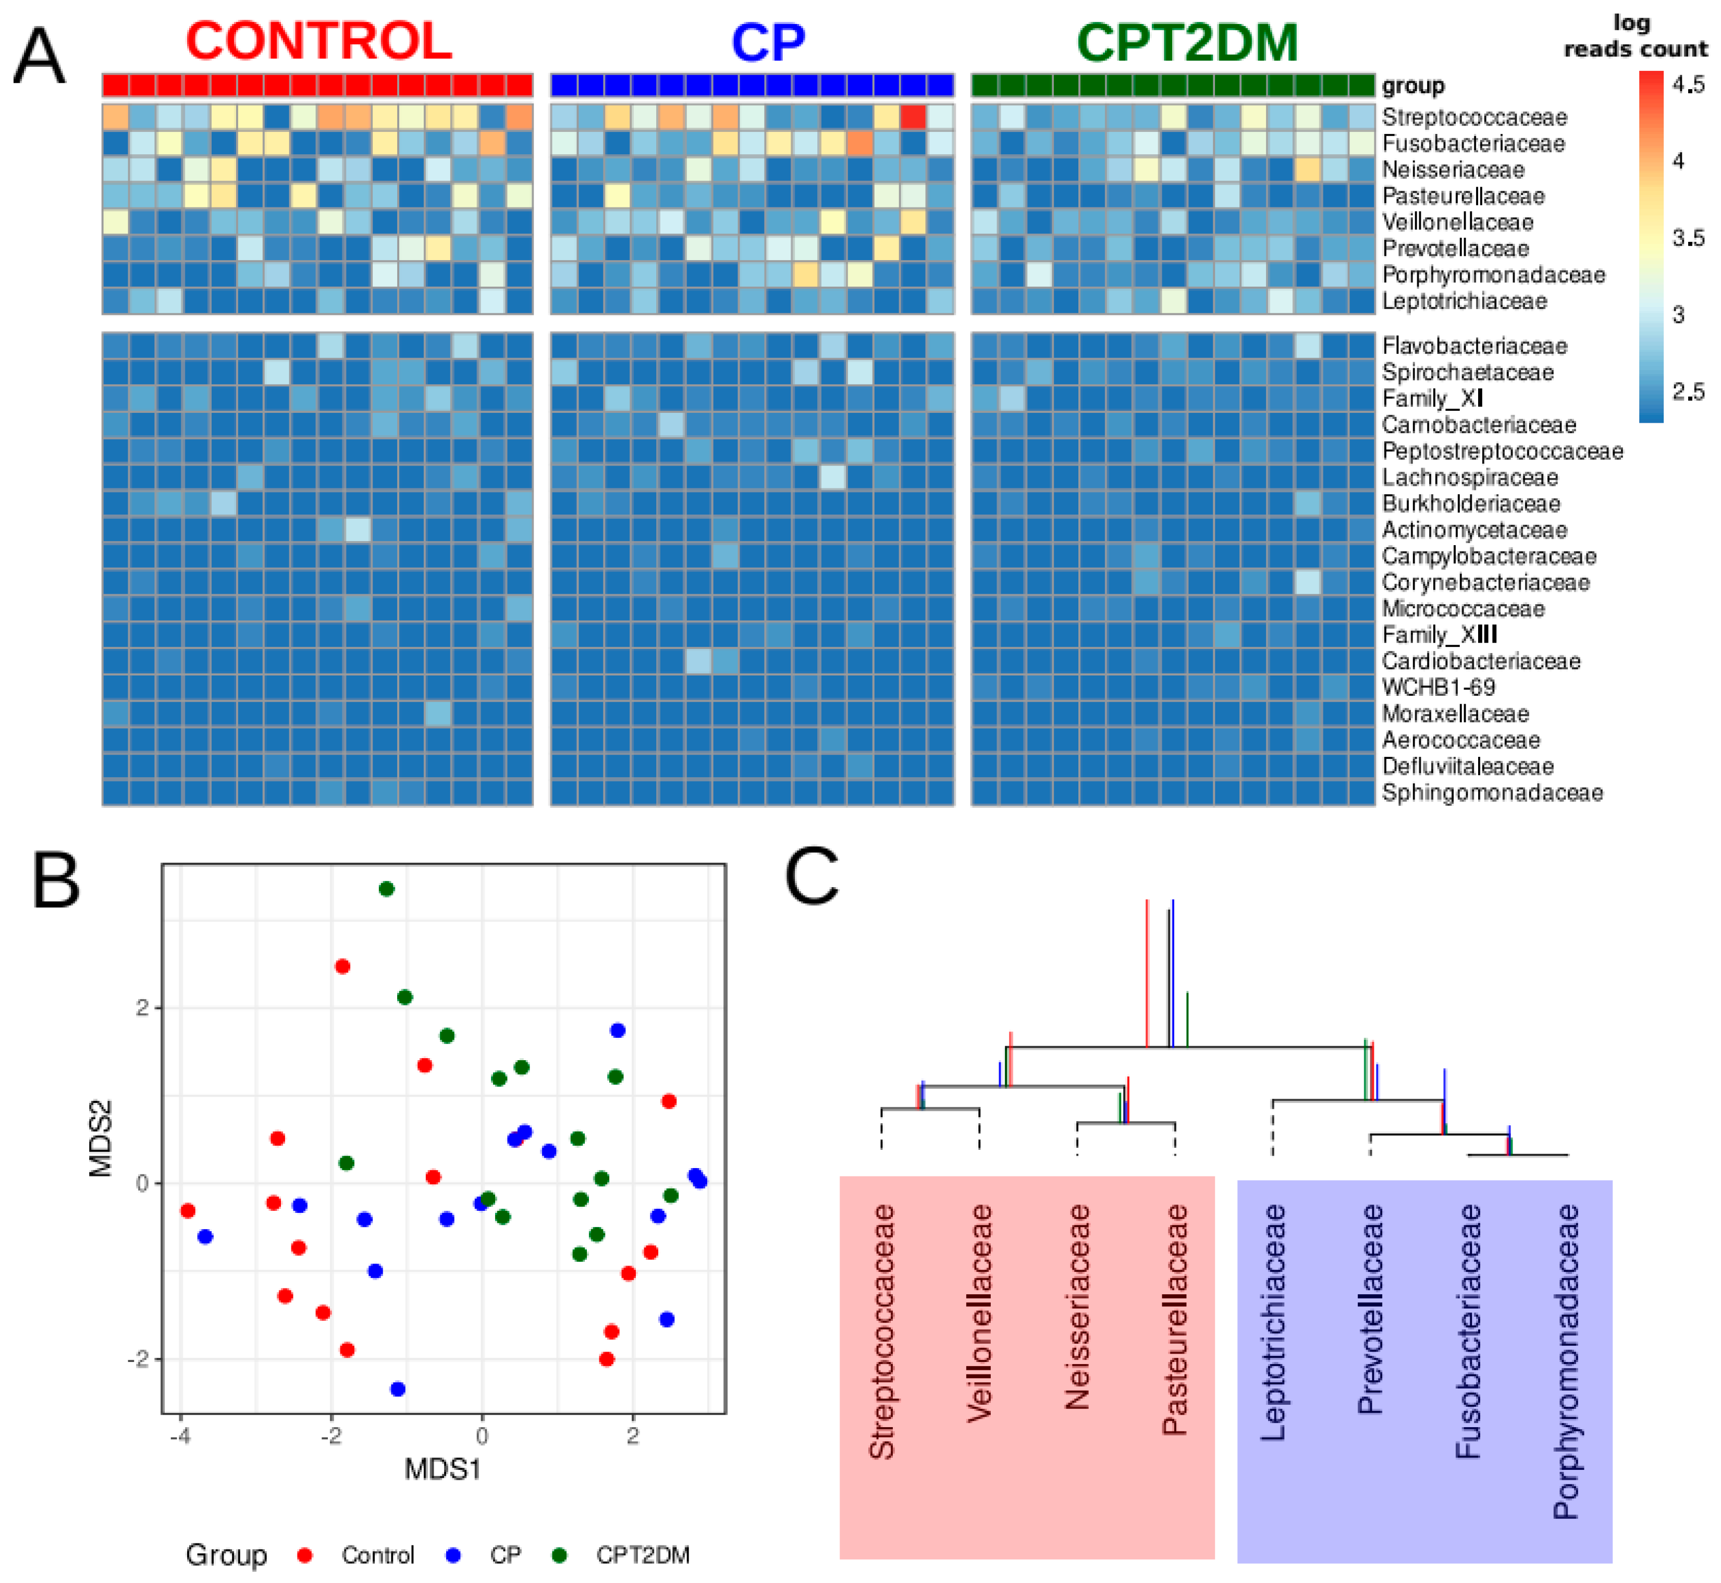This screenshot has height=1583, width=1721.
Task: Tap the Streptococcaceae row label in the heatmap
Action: pyautogui.click(x=1473, y=117)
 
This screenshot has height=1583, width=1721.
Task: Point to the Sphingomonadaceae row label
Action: pyautogui.click(x=1492, y=792)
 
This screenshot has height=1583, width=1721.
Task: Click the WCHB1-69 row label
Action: pyautogui.click(x=1439, y=687)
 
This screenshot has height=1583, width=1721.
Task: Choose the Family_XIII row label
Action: pyautogui.click(x=1439, y=635)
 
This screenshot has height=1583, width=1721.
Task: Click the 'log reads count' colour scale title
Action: pyautogui.click(x=1634, y=36)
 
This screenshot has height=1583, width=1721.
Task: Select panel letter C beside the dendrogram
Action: pyautogui.click(x=811, y=876)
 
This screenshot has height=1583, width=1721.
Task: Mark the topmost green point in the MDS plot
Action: pyautogui.click(x=386, y=889)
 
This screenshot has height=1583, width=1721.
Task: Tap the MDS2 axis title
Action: pyautogui.click(x=101, y=1139)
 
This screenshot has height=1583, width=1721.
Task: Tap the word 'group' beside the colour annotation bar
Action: pyautogui.click(x=1412, y=85)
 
